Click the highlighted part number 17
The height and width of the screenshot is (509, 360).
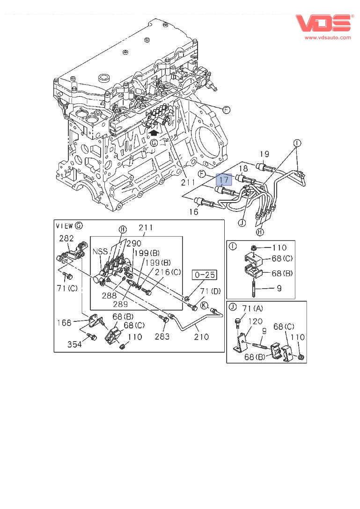pos(224,179)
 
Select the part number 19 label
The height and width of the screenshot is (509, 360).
pos(264,154)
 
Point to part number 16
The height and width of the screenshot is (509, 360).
pos(194,212)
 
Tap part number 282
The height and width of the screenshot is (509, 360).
pos(66,238)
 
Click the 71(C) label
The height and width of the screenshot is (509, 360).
pos(67,288)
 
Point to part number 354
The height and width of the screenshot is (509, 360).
pos(74,344)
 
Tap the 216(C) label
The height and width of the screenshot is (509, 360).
pos(169,272)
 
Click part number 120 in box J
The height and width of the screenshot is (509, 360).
pos(255,321)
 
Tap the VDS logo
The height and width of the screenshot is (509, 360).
pos(323,23)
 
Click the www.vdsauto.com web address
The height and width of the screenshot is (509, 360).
pos(328,37)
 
